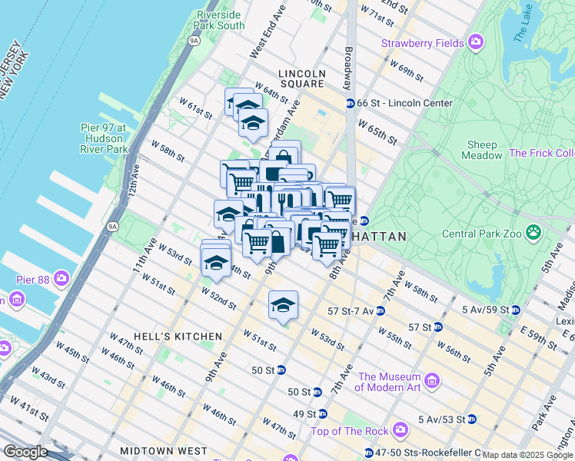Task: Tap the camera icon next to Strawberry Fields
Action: point(477,41)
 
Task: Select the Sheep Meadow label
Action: point(483,151)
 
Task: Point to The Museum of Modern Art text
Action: point(389,382)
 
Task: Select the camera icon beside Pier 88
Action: point(59,277)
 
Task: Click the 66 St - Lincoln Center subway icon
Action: point(350,103)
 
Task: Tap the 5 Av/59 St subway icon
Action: point(516,310)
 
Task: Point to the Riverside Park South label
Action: point(220,20)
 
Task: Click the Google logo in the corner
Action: point(27,452)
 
